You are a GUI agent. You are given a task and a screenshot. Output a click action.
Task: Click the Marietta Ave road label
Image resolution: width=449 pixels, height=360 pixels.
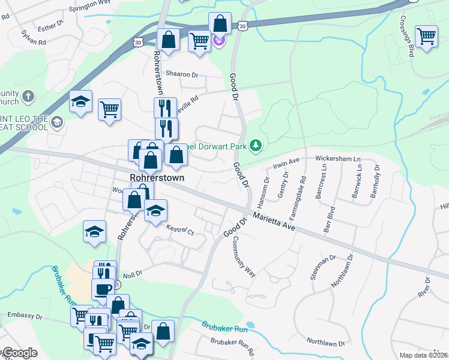(274, 222)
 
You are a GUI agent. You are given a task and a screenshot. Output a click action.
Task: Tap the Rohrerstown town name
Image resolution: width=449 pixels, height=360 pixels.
(157, 178)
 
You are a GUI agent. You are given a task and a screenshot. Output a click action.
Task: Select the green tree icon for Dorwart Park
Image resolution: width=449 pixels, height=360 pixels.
(256, 145)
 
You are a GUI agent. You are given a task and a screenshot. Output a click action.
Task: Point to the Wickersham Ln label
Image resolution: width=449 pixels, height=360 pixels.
(338, 159)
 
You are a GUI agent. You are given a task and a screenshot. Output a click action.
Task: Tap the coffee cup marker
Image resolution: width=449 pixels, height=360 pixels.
(103, 289)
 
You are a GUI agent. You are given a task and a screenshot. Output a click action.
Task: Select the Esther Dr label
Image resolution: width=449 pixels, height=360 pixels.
(50, 26)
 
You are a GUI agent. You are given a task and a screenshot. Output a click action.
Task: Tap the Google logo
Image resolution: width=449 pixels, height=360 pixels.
(20, 353)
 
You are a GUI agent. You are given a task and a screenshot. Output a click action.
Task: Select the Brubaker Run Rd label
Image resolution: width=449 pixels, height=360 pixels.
(232, 346)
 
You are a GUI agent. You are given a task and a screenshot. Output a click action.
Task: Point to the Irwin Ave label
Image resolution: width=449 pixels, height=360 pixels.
(286, 162)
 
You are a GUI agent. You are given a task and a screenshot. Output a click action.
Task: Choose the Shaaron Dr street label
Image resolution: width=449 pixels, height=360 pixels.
(181, 74)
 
